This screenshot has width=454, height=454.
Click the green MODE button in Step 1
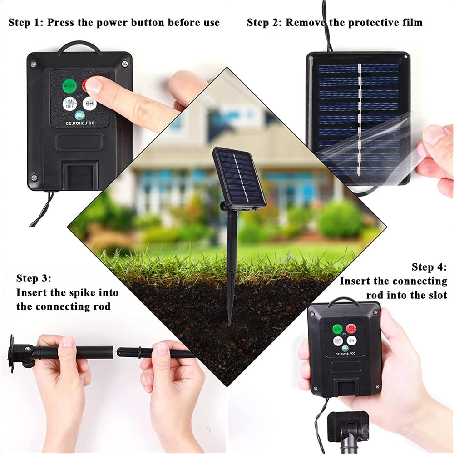tap(69, 85)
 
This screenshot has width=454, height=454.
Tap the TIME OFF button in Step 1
tap(69, 104)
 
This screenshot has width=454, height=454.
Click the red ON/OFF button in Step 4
tap(351, 328)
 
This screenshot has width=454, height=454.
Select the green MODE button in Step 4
tap(337, 329)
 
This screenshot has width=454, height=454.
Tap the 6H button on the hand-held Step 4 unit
tap(351, 340)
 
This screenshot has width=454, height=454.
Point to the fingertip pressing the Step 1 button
tap(93, 84)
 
